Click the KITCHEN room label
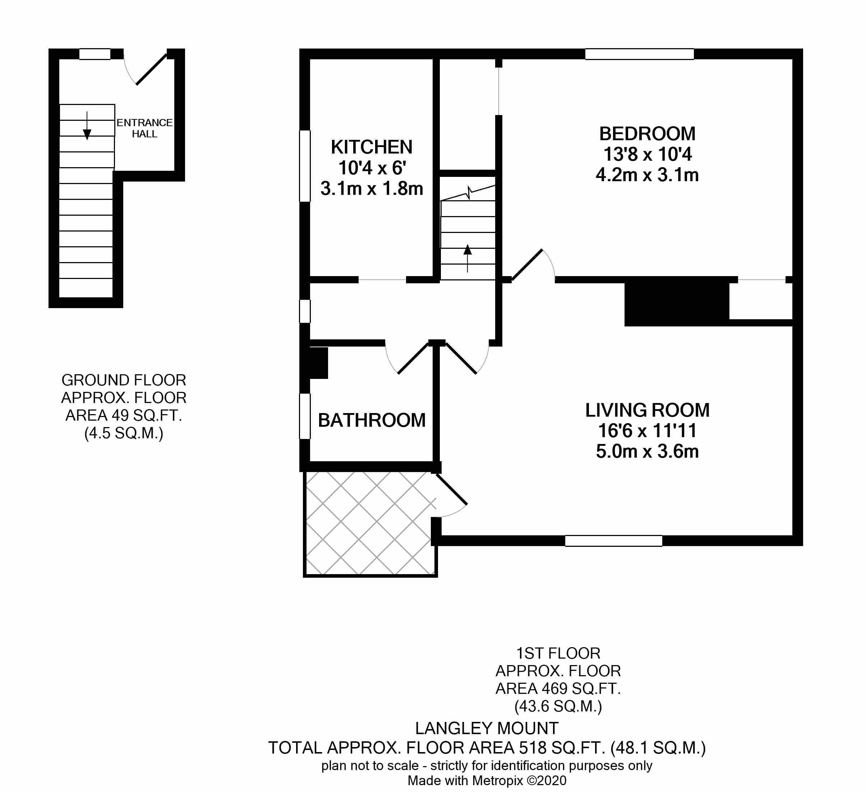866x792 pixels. (372, 147)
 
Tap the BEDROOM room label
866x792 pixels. (648, 134)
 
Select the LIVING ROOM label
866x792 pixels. (648, 410)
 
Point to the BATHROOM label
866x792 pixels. (372, 420)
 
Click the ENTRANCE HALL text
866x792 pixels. (145, 128)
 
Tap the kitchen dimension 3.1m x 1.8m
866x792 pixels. (372, 189)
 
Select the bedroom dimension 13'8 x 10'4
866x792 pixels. (648, 154)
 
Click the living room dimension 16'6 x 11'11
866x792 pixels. (648, 431)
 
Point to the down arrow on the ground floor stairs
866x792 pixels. (87, 126)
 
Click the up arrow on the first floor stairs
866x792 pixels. (468, 258)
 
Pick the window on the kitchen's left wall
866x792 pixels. (305, 166)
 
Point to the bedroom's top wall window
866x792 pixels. (639, 54)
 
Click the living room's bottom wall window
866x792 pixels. (613, 541)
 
